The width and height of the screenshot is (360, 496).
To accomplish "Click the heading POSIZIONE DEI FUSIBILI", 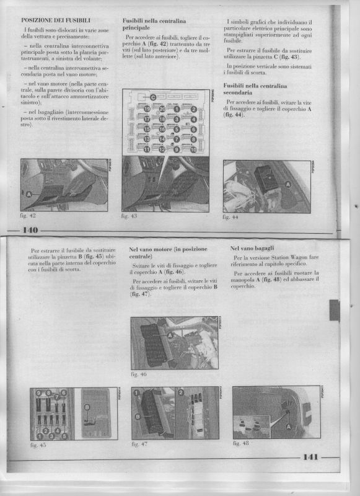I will (x=56, y=20).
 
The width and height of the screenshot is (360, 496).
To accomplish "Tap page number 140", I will (x=30, y=230).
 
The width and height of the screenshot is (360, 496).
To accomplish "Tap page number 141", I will (x=310, y=457).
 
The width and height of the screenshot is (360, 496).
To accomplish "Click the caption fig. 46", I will (x=139, y=374).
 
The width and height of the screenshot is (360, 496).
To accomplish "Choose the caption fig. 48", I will (x=241, y=443).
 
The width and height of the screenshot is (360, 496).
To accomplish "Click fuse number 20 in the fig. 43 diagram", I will (x=162, y=109).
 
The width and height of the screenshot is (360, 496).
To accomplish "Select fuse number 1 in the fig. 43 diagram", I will (x=177, y=109).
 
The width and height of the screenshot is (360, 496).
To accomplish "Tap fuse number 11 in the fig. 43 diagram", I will (x=147, y=149).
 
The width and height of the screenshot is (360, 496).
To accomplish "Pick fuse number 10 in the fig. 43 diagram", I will (x=193, y=149).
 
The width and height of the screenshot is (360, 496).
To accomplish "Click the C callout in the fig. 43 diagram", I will (x=153, y=97).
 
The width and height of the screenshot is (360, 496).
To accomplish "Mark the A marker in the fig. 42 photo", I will (x=29, y=194).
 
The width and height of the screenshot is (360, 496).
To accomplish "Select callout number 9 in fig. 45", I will (x=39, y=394).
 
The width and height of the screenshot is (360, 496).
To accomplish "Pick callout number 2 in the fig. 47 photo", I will (x=180, y=392).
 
